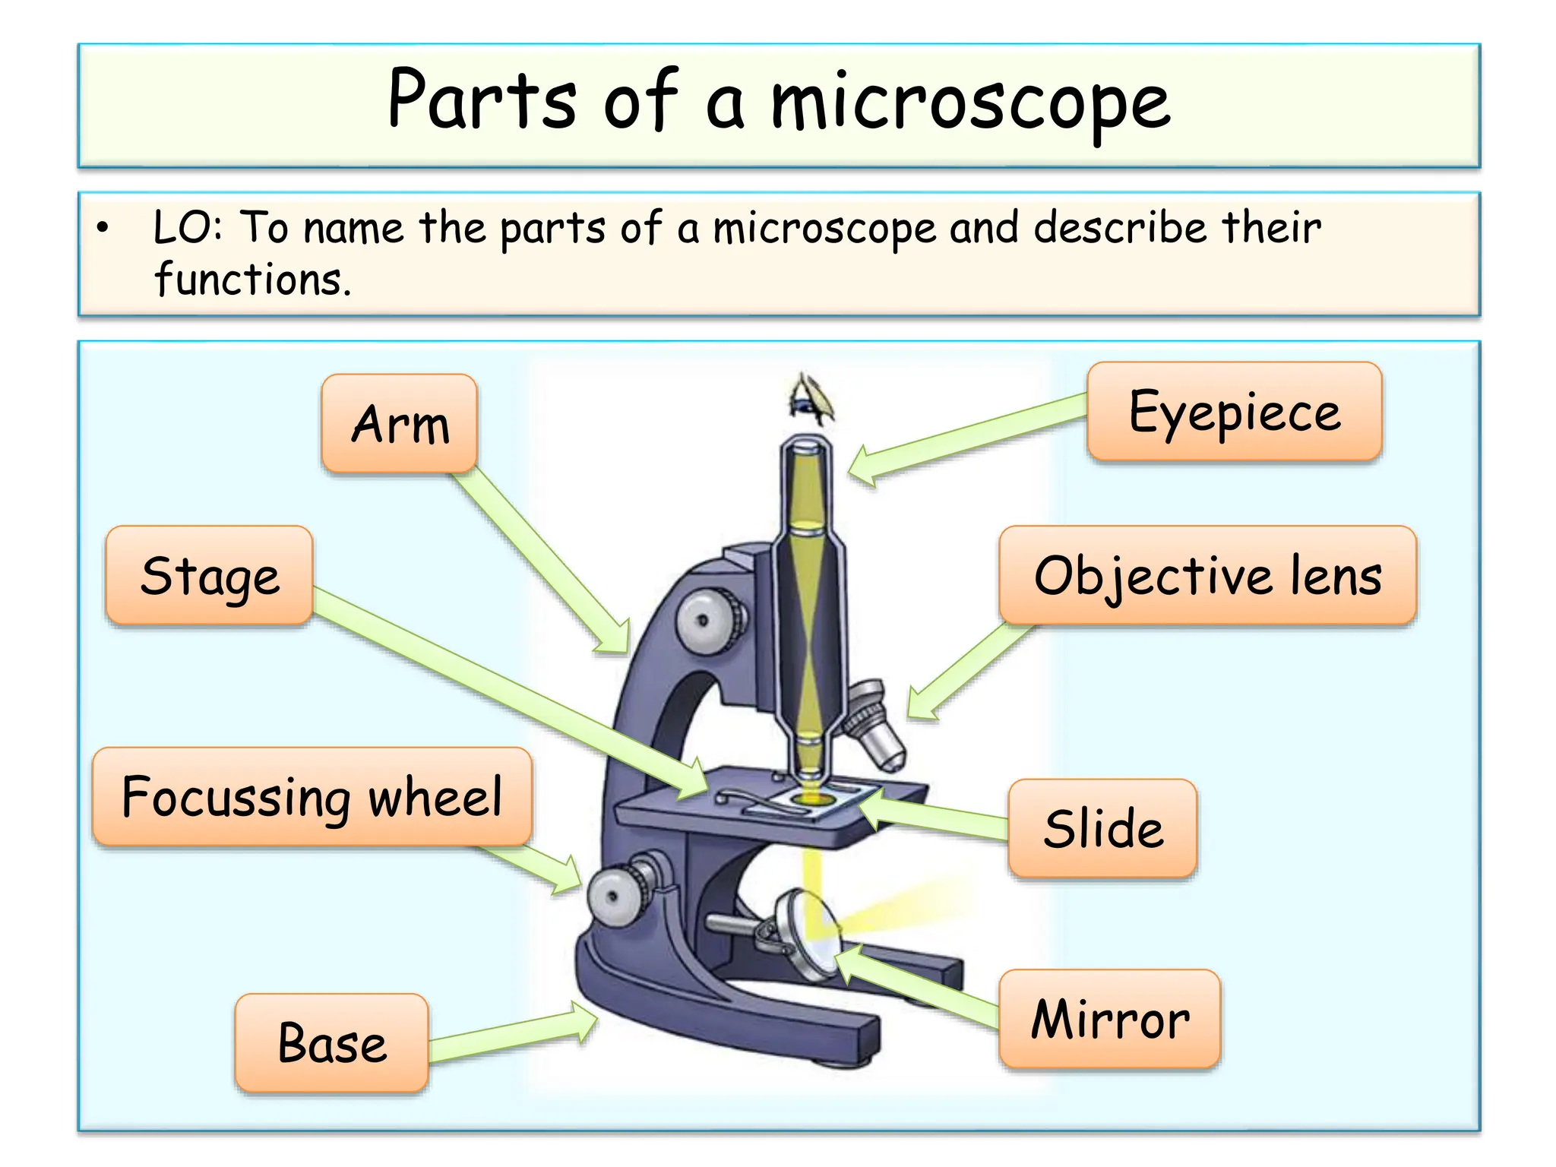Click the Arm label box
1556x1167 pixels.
[x=400, y=423]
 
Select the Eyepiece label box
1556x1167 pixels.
[x=1234, y=412]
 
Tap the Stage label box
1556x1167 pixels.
[x=210, y=575]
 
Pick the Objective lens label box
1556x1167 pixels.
[x=1207, y=575]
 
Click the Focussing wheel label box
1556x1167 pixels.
[x=312, y=797]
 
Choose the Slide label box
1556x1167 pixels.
[x=1102, y=828]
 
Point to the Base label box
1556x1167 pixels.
[x=332, y=1042]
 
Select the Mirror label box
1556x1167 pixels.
[x=1109, y=1019]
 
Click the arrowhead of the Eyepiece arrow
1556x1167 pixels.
[x=862, y=466]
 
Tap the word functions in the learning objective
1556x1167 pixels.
[x=251, y=280]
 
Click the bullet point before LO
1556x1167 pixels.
[x=103, y=227]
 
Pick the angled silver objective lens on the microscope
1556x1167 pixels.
[x=878, y=726]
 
